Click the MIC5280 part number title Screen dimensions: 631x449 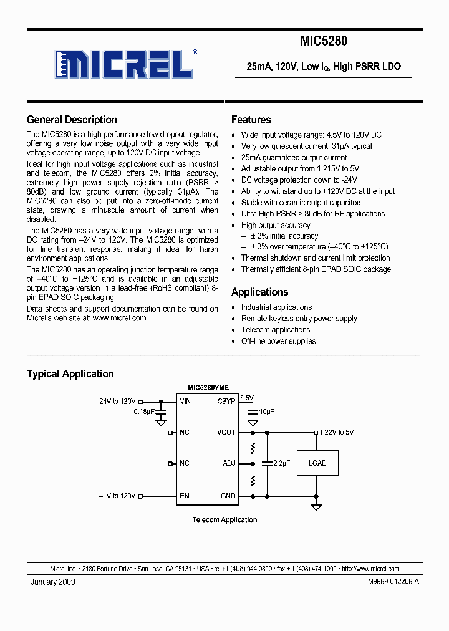pyautogui.click(x=324, y=42)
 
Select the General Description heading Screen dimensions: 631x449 pyautogui.click(x=72, y=120)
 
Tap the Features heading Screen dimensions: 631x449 pyautogui.click(x=251, y=120)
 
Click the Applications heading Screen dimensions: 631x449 pyautogui.click(x=259, y=292)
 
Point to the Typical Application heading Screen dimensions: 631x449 pyautogui.click(x=70, y=373)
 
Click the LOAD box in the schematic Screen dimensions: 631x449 pyautogui.click(x=317, y=463)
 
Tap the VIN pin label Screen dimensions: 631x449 pyautogui.click(x=185, y=402)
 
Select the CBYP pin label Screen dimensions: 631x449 pyautogui.click(x=226, y=402)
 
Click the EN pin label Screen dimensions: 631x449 pyautogui.click(x=185, y=496)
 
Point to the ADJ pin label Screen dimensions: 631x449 pyautogui.click(x=229, y=463)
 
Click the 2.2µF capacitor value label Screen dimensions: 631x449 pyautogui.click(x=282, y=463)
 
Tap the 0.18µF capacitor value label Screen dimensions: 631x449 pyautogui.click(x=144, y=412)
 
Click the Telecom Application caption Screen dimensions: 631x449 pyautogui.click(x=224, y=519)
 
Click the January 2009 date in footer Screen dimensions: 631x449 pyautogui.click(x=53, y=582)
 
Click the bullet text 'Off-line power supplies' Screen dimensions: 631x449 pyautogui.click(x=278, y=341)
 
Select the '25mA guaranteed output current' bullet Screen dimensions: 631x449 pyautogui.click(x=294, y=158)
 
